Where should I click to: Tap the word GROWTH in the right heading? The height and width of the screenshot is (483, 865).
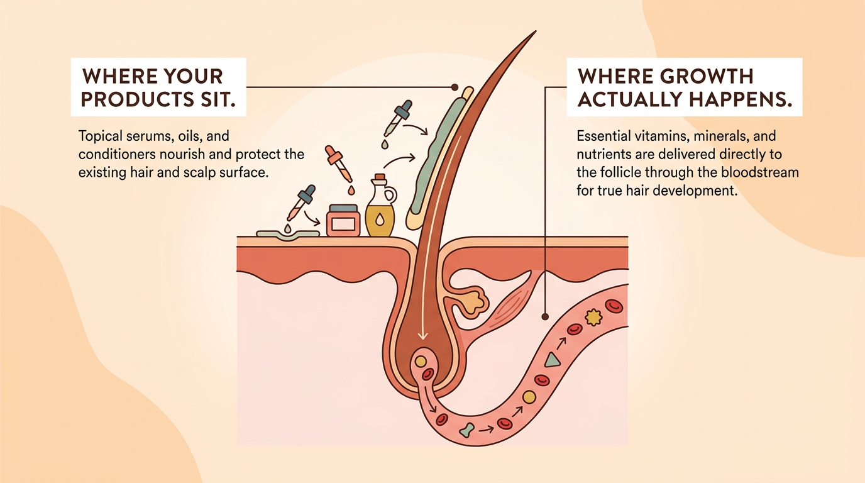pos(707,76)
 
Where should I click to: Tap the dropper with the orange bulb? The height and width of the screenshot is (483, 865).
pos(339,164)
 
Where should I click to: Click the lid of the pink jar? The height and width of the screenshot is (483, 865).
pos(343,209)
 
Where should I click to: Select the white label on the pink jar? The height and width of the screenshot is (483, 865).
pos(343,224)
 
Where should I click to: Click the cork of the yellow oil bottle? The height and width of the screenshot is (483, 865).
pos(380,178)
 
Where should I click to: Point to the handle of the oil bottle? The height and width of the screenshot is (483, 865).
pos(390,195)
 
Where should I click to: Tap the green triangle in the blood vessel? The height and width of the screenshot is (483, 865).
pos(552,360)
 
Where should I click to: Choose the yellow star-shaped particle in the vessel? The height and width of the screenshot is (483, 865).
pos(593,317)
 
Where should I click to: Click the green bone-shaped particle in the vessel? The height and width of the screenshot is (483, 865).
pos(467,430)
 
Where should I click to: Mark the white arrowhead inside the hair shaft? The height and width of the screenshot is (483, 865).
pos(423,336)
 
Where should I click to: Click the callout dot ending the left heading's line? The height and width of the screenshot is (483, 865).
pos(455,87)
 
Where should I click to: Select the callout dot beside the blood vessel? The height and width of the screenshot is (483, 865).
pos(545,317)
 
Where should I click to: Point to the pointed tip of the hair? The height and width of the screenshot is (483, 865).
pos(536,31)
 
